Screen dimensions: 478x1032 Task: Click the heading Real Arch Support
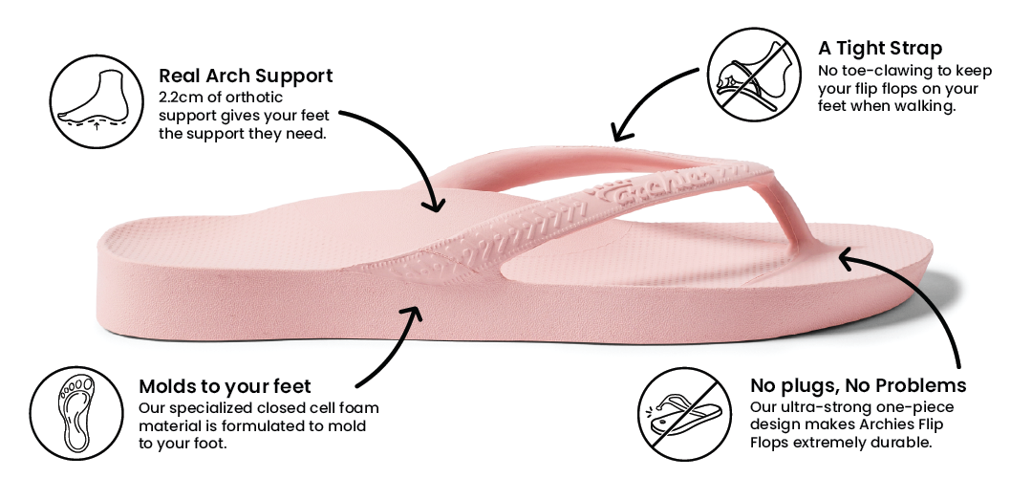(246, 76)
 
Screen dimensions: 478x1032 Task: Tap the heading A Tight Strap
(880, 48)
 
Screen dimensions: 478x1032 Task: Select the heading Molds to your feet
(225, 386)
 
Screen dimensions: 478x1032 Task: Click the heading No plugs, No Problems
(858, 386)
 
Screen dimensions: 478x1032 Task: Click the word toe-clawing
(881, 72)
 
